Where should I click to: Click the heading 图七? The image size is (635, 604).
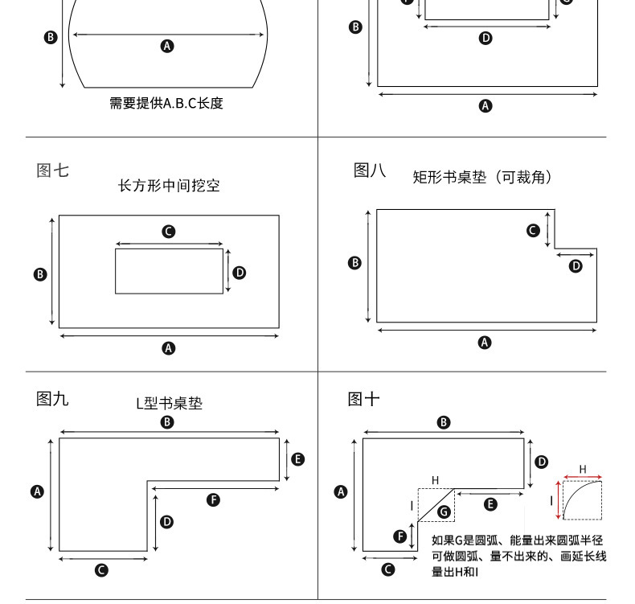point(53,171)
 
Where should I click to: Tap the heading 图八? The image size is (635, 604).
point(370,170)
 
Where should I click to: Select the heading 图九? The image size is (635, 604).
point(53,399)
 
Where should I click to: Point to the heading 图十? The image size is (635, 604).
point(363,399)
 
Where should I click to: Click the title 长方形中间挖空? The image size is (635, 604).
point(169,186)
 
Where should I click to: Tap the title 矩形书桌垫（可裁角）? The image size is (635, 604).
point(482,177)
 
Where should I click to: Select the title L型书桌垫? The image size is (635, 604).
point(169,403)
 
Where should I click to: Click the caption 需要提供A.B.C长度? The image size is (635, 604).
point(166,103)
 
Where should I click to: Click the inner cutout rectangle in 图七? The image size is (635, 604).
point(169,271)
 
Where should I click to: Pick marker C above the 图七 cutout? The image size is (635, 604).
point(169,232)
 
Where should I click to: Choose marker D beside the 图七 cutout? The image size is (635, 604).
point(240,273)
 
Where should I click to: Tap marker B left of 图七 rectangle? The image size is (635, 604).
point(40,274)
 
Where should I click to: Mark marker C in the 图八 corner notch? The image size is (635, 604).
point(533,231)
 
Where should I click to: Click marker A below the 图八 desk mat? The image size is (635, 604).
point(485,343)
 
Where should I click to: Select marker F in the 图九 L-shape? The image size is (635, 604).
point(214,499)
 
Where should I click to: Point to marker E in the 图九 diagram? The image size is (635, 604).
point(298,459)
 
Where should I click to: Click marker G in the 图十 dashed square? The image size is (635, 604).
point(444,512)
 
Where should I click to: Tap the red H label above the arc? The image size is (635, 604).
point(583,469)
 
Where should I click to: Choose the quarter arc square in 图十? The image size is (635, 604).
point(582,500)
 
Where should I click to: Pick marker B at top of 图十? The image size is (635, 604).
point(444,422)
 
